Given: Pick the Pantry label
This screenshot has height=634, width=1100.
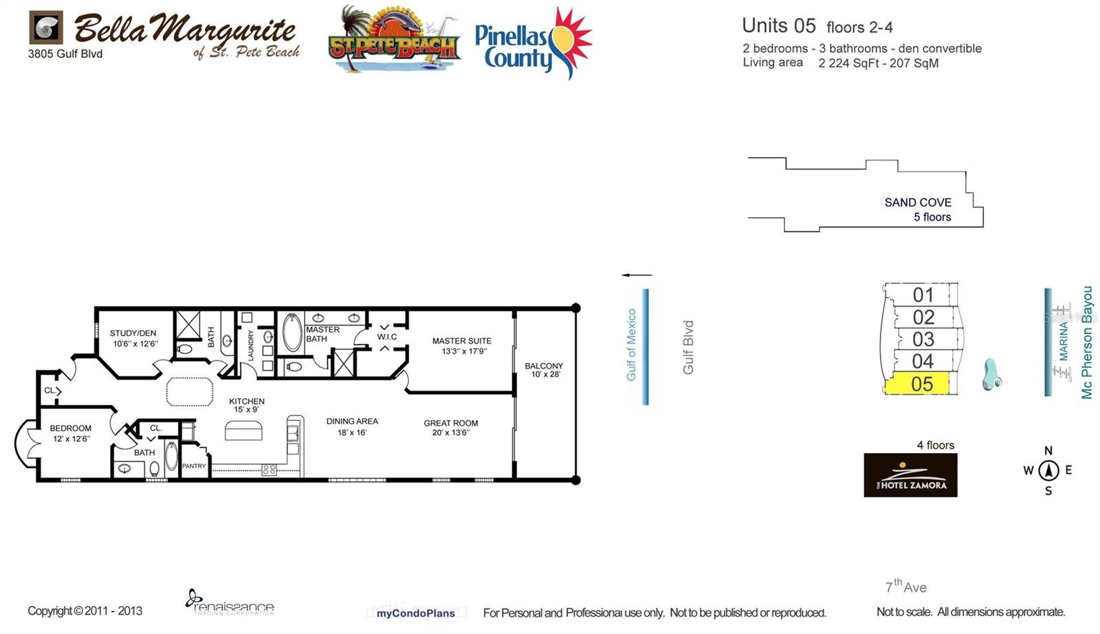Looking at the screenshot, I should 194,466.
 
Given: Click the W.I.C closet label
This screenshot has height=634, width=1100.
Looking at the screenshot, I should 386,337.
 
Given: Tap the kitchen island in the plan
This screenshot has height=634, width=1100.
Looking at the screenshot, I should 243,430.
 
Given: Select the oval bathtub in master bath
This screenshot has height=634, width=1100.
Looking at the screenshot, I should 293,334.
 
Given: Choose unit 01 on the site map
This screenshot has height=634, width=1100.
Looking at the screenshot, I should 923,295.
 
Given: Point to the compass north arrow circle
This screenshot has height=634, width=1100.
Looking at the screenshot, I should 1048,470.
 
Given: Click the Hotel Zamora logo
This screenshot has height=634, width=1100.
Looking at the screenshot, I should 910,475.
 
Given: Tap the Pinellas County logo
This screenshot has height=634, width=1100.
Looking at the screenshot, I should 533,43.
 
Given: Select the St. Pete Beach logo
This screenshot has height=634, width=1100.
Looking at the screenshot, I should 394,40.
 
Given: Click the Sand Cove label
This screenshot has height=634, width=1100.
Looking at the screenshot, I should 918,202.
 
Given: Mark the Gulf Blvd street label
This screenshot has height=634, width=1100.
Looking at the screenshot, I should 688,347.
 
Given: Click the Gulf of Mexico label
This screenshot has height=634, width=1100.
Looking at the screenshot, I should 631,345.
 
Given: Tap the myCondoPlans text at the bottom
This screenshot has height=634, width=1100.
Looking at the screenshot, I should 415,613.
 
